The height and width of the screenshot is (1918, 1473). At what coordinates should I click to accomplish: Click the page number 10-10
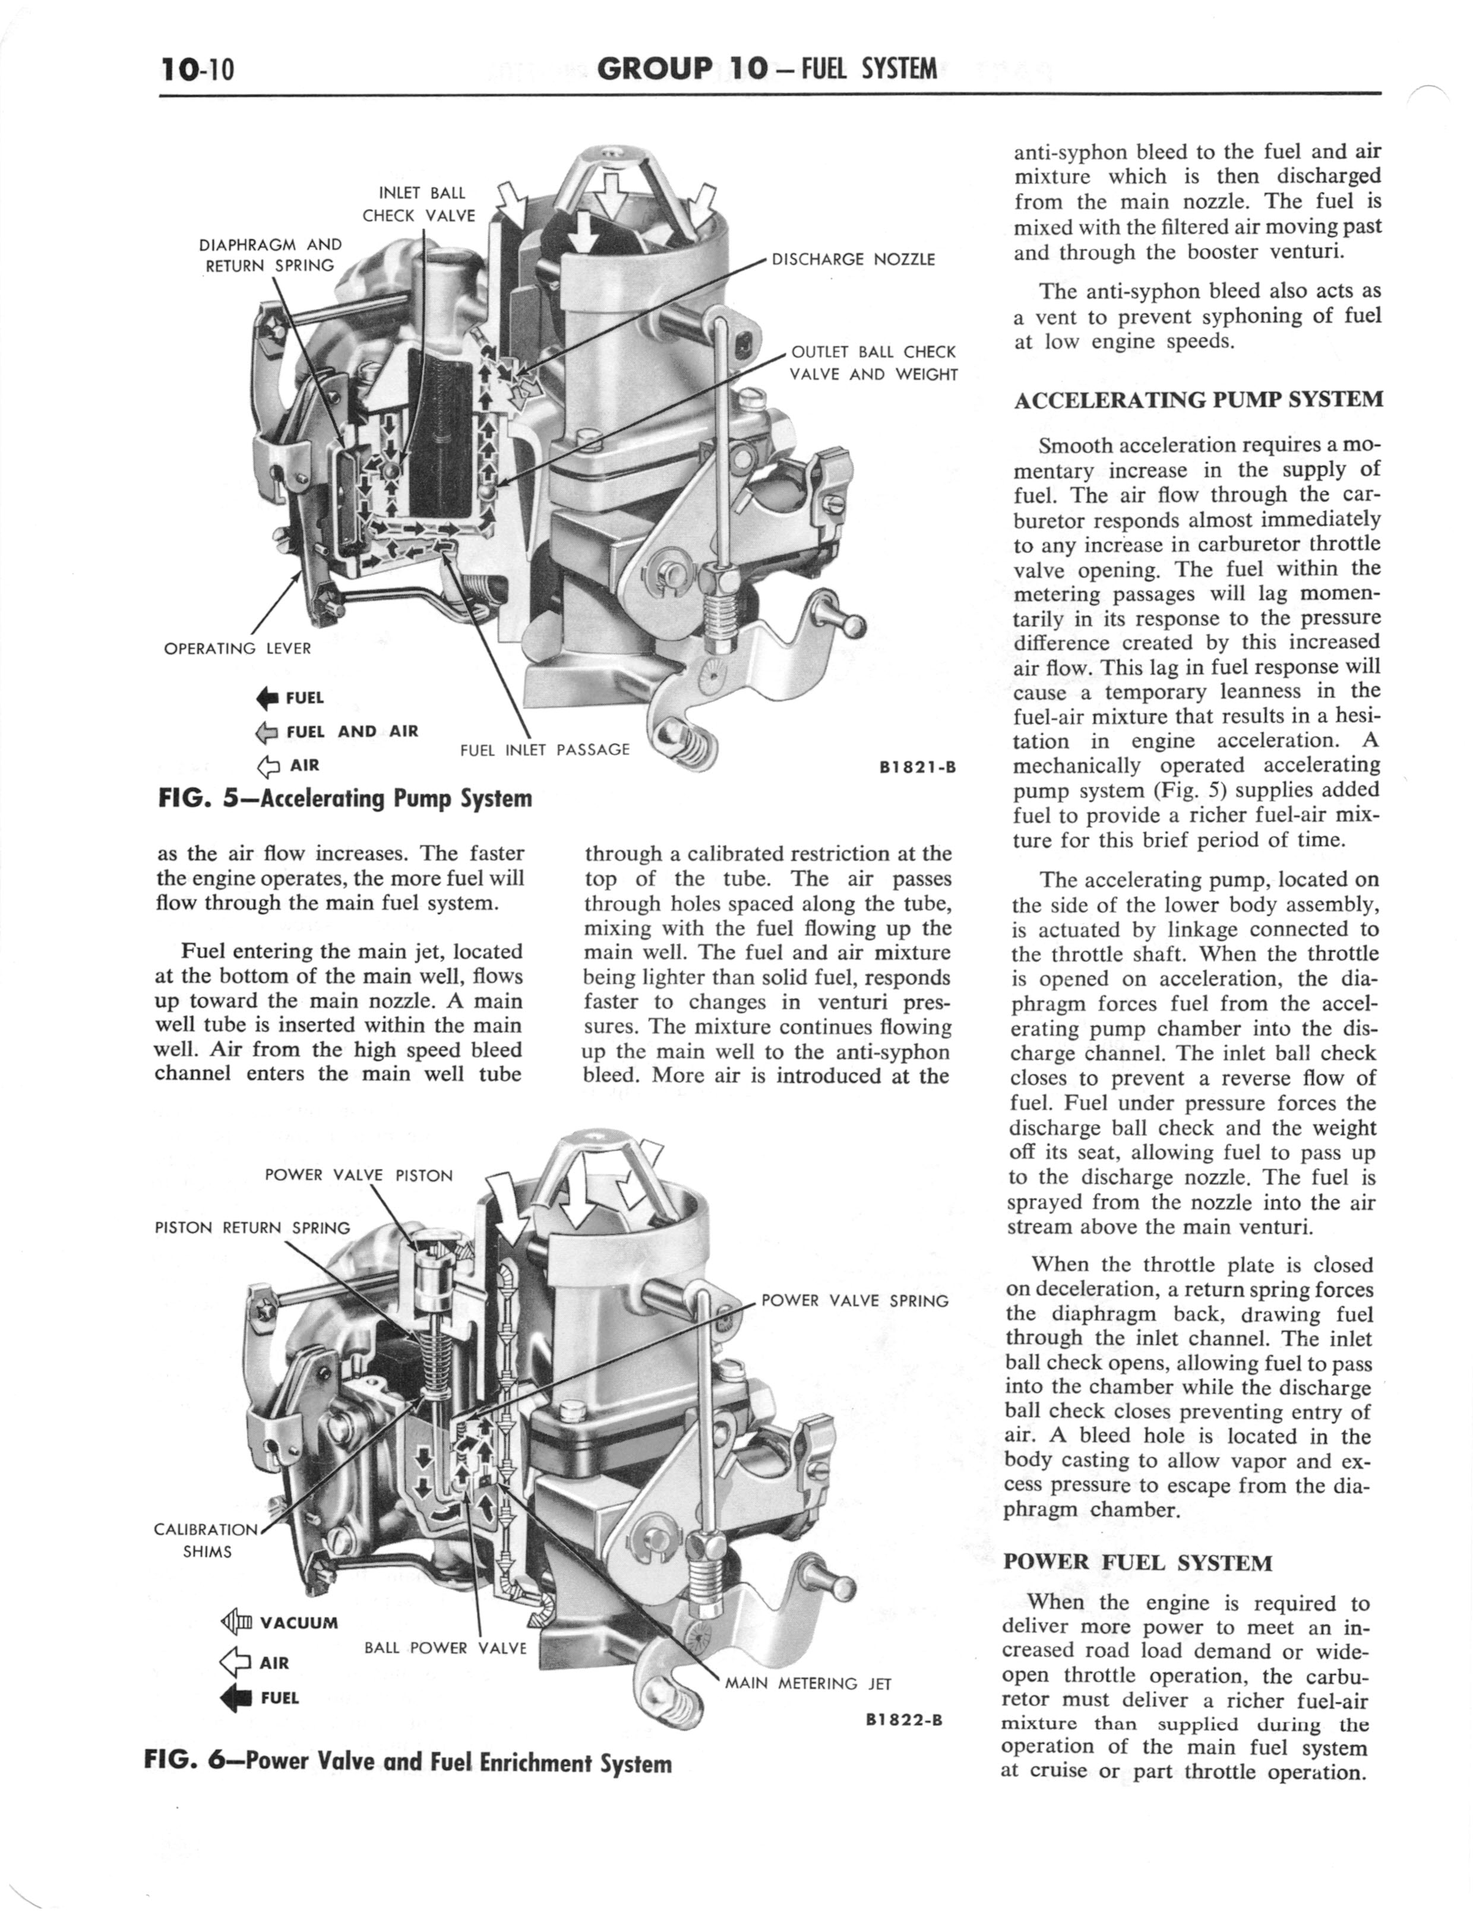pos(195,68)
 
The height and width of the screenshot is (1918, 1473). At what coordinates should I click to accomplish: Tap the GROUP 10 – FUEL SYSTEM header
pos(766,68)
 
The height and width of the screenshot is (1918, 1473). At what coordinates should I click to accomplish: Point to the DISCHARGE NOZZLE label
pos(853,260)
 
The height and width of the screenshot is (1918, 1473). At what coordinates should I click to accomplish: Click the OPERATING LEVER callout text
pos(238,649)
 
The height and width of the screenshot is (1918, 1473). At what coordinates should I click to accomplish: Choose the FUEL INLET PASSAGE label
pos(545,750)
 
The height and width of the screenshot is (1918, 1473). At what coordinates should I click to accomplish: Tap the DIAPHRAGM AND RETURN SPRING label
pos(270,255)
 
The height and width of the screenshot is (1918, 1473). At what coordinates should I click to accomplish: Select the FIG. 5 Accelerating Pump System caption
pos(344,798)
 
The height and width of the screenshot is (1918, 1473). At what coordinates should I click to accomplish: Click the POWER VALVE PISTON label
pos(359,1176)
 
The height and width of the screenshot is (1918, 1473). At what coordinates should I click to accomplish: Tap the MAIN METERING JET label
pos(808,1683)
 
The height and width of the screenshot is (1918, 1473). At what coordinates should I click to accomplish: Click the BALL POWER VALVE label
pos(444,1647)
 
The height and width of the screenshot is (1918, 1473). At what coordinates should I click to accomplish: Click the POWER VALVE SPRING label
pos(855,1301)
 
